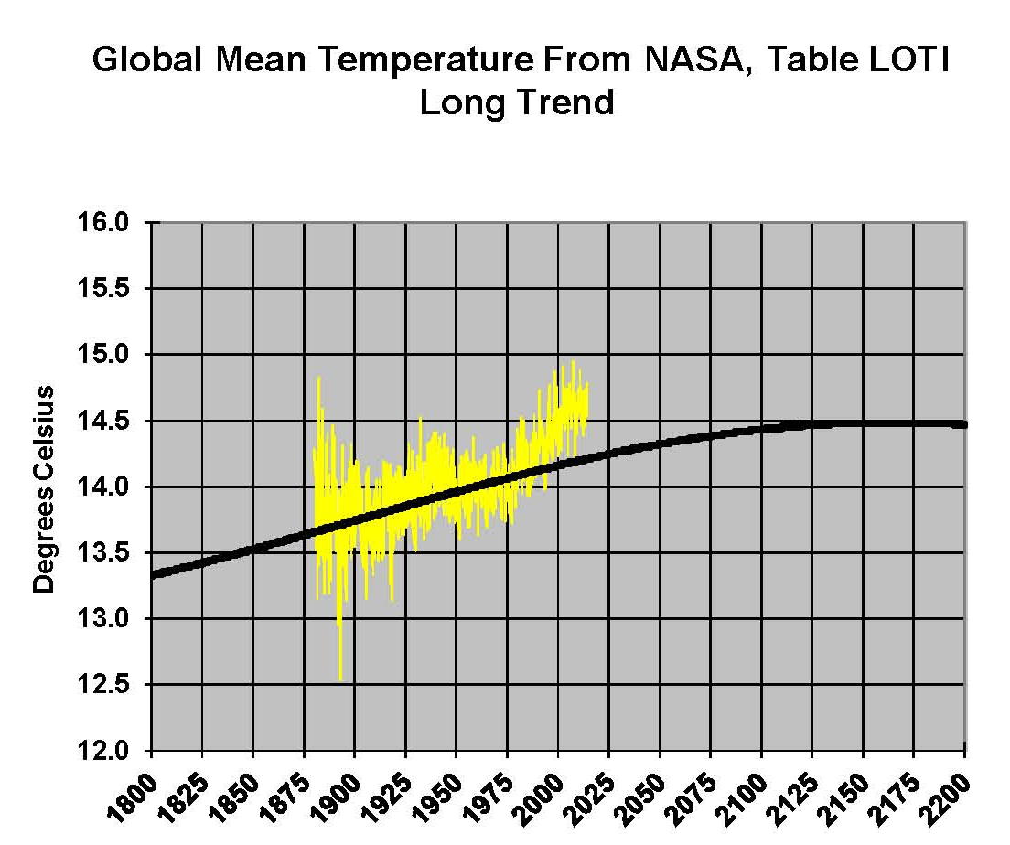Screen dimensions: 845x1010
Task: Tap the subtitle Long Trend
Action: pos(516,102)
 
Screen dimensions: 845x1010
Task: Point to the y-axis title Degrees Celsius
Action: pos(43,488)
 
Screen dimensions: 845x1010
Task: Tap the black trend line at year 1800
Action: pos(153,574)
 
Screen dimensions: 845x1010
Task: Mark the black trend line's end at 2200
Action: pos(964,424)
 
